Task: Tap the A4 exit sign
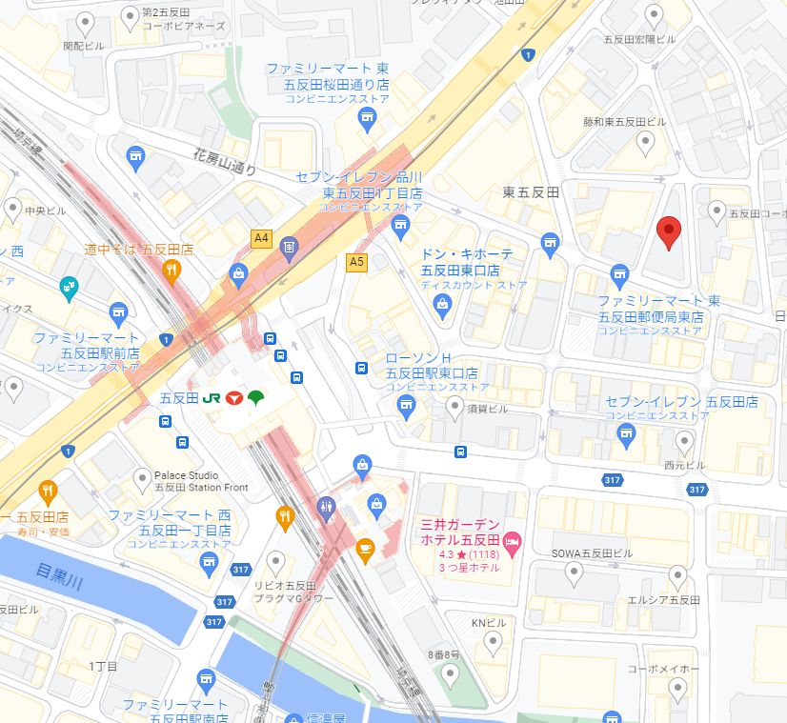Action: click(261, 237)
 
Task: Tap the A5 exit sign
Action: click(356, 260)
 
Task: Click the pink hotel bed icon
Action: click(513, 542)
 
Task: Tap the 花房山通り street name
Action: click(224, 160)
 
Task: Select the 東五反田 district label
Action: click(531, 192)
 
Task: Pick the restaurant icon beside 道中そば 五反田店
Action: click(172, 270)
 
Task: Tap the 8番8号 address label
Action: click(444, 654)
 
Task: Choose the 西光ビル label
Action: click(684, 466)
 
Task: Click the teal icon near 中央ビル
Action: click(68, 284)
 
